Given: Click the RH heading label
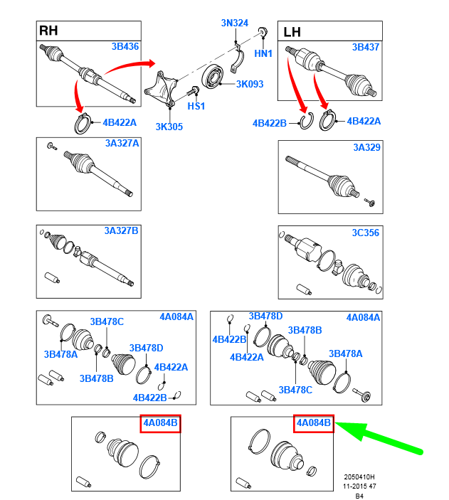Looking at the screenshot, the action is [48, 31].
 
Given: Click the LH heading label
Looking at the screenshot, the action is [292, 32].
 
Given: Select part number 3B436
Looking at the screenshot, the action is [125, 46].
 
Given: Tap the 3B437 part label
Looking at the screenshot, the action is [366, 47].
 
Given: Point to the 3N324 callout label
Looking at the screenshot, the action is [235, 23].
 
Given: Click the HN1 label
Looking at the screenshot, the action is [263, 53].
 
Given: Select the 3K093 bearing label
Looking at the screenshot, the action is [250, 84].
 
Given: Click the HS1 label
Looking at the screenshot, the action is [196, 106].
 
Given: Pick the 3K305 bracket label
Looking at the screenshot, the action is [169, 127].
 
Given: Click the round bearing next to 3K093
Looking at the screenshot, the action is [213, 76].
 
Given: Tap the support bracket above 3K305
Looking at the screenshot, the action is [161, 90].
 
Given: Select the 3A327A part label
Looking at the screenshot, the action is [122, 143].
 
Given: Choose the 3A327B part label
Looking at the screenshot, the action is [121, 230].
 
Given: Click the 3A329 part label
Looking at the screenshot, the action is [366, 147].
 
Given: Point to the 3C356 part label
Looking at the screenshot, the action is [366, 233].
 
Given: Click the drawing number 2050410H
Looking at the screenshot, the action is [359, 477].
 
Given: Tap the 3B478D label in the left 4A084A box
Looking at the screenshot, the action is [146, 348].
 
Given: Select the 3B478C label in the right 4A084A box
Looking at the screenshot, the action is [295, 390].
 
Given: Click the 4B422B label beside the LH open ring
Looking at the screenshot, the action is [270, 124].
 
